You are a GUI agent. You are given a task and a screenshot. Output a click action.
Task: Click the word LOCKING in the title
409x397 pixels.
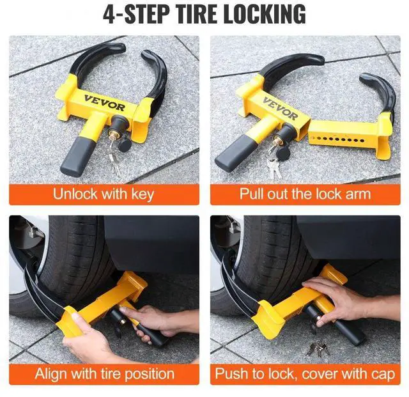click(x=254, y=14)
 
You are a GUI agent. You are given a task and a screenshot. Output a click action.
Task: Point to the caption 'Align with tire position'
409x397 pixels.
click(x=104, y=373)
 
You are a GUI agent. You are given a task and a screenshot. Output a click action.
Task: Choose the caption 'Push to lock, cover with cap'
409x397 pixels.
click(x=305, y=373)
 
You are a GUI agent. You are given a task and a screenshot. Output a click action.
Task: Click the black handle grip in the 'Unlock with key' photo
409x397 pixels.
click(x=75, y=159)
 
